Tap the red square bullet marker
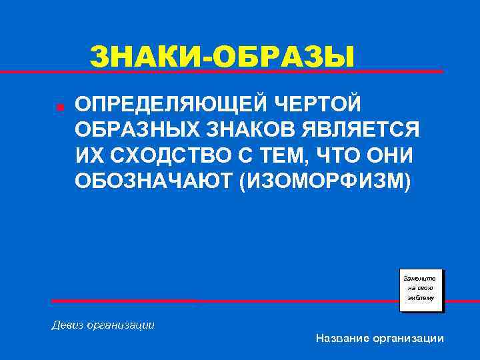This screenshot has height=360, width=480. [59, 107]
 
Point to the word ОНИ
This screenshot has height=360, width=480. [389, 155]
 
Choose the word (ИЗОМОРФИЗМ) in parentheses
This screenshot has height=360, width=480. [320, 181]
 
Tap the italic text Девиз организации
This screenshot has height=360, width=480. [103, 325]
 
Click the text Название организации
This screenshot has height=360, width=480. [380, 339]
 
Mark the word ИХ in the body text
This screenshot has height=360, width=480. [87, 155]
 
